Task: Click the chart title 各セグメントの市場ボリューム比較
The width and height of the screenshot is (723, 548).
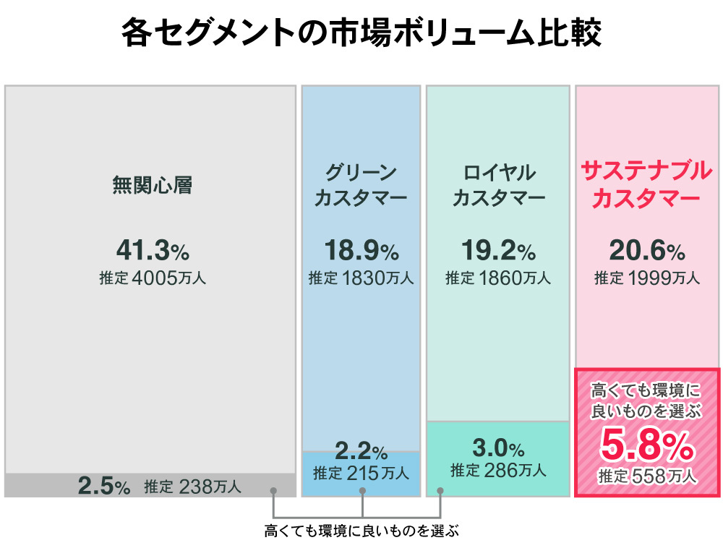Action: click(x=361, y=34)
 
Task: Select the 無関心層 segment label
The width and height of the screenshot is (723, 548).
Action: click(x=152, y=186)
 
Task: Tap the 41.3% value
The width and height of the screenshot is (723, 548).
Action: click(x=152, y=250)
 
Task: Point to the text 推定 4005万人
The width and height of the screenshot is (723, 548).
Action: click(x=152, y=278)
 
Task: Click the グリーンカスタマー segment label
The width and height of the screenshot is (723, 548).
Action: click(x=361, y=186)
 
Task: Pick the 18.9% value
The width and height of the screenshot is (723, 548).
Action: click(x=361, y=250)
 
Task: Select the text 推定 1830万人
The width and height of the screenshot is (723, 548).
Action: click(x=361, y=278)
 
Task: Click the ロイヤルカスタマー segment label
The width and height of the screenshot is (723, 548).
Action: click(x=498, y=186)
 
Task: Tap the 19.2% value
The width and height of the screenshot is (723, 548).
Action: click(x=498, y=250)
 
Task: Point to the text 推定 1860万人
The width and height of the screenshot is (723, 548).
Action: click(x=498, y=278)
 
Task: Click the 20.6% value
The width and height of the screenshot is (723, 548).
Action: click(x=647, y=250)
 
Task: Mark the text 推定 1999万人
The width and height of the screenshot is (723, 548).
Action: click(x=647, y=278)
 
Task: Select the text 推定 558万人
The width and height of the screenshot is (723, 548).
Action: click(x=647, y=477)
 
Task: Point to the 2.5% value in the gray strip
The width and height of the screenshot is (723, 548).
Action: click(x=103, y=487)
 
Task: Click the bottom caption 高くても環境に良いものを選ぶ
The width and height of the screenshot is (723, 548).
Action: click(x=361, y=531)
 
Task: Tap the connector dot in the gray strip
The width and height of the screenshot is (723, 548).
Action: click(x=273, y=491)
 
